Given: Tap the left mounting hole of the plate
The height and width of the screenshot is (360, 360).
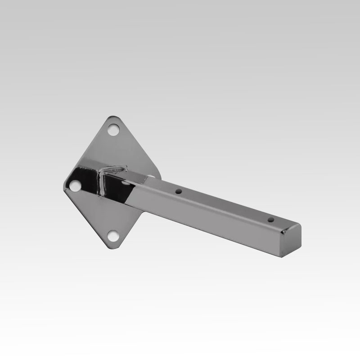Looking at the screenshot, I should tap(75, 186).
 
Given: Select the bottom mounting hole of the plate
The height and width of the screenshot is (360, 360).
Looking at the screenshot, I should tap(113, 235).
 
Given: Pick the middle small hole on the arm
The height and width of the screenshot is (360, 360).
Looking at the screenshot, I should tap(179, 191).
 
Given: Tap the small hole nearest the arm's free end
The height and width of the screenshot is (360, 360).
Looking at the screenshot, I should tap(271, 220).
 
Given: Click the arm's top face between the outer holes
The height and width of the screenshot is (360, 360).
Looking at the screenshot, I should tap(225, 205).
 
